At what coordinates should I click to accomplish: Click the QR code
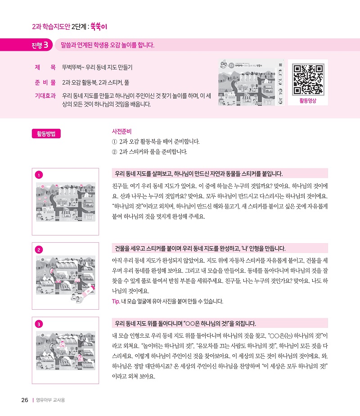tap(308, 79)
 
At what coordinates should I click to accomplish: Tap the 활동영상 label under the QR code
tap(308, 100)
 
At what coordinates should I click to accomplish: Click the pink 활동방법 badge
tap(46, 133)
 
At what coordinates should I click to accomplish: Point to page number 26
tap(25, 400)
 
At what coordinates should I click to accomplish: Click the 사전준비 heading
tap(121, 131)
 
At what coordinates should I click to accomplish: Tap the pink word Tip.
tap(116, 301)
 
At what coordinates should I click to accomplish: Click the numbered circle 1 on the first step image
tap(39, 175)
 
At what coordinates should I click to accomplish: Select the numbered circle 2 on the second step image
tap(39, 250)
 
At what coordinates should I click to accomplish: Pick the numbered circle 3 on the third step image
tap(39, 324)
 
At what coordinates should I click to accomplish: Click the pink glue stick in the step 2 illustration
tap(87, 291)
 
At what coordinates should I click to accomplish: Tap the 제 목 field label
tap(45, 68)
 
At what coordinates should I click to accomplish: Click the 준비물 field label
tap(45, 82)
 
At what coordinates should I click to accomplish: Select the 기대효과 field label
tap(45, 96)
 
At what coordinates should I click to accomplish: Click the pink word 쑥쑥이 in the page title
tap(99, 27)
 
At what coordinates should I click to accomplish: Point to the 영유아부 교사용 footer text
tap(50, 400)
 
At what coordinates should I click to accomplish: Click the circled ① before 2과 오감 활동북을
tap(114, 142)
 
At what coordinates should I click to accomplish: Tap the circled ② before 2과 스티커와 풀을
tap(114, 152)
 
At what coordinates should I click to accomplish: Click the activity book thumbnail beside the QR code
tap(251, 82)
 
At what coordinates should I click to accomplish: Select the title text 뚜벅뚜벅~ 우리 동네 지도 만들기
tap(97, 68)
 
